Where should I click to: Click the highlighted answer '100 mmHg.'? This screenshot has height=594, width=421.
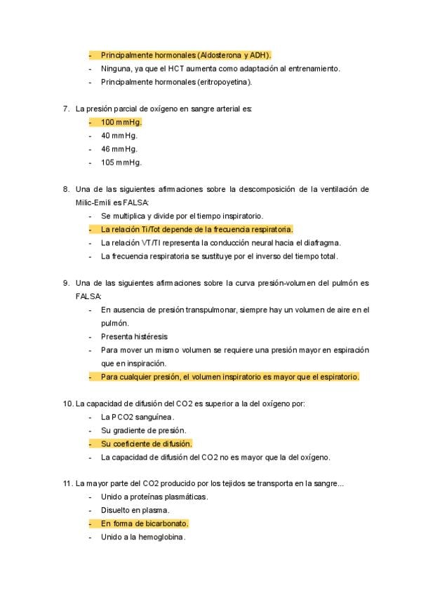coord(121,122)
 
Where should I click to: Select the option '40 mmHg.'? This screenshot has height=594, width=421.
coord(119,135)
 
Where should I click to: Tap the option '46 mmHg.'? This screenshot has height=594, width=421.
coord(119,148)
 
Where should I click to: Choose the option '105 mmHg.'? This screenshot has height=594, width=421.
coord(121,163)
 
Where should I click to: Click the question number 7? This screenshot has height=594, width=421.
coord(65,109)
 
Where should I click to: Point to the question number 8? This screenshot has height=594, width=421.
coord(65,189)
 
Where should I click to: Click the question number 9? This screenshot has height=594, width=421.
coord(65,283)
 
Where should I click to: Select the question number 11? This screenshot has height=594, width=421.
coord(67,483)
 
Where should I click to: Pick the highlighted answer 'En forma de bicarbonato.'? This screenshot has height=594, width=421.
coord(145,524)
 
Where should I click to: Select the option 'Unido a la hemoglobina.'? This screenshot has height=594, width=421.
coord(143,537)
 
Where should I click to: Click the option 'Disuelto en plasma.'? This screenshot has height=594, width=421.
coord(135,511)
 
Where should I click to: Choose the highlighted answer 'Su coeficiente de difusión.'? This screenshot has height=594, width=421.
coord(146,444)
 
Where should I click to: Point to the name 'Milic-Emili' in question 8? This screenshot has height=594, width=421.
coord(94,202)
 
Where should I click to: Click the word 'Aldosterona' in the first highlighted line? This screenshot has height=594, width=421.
coord(220,55)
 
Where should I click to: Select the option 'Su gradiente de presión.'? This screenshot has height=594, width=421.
coord(143,430)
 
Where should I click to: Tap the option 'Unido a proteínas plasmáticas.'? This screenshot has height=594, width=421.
coord(154,497)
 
